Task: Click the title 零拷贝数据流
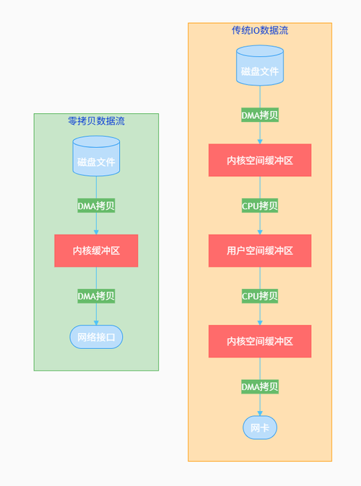[x=96, y=120]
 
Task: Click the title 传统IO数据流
[x=260, y=30]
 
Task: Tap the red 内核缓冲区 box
[x=96, y=251]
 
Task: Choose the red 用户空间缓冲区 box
[x=260, y=251]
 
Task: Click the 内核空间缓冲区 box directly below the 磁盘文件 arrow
[x=260, y=160]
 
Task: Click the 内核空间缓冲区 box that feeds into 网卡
[x=260, y=341]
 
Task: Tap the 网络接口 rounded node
[x=96, y=337]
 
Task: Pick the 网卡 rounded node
[x=260, y=428]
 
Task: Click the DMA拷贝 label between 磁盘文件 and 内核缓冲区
[x=96, y=206]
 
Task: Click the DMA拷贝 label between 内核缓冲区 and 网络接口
[x=96, y=296]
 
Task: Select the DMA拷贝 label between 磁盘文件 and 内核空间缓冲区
[x=260, y=115]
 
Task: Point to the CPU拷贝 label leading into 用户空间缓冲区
[x=260, y=206]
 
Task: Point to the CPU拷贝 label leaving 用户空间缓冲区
[x=260, y=296]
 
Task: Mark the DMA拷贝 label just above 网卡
[x=260, y=386]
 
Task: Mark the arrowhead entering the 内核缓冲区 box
[x=96, y=231]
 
